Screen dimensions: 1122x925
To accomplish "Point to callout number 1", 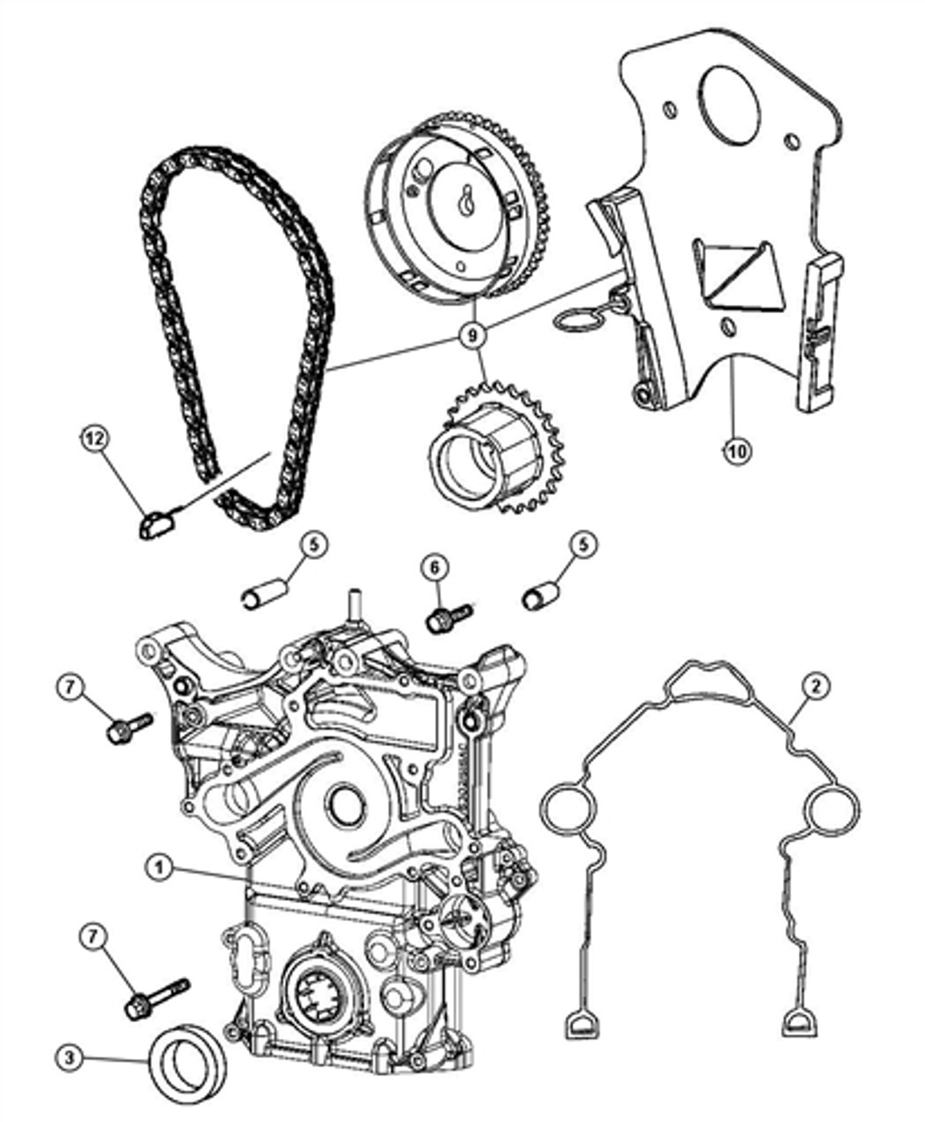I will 159,868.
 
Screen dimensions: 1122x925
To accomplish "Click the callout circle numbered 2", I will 815,688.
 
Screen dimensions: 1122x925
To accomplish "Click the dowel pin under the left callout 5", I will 263,593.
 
